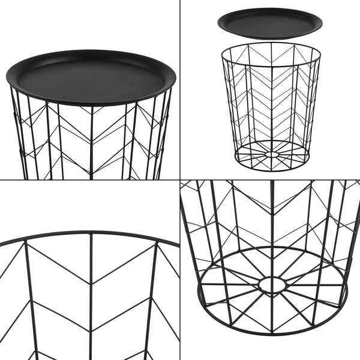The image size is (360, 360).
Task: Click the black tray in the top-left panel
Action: (x=90, y=76)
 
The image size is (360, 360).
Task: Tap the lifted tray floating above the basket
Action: (x=269, y=23)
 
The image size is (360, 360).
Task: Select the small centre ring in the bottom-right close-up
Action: (x=272, y=284)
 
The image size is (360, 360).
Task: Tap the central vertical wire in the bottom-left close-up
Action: (x=91, y=300)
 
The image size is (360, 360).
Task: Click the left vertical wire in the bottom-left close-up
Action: (x=28, y=300)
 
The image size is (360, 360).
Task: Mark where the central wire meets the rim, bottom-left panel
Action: (x=91, y=233)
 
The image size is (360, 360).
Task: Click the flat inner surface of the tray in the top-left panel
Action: (x=90, y=78)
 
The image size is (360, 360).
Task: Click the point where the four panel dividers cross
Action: (x=180, y=179)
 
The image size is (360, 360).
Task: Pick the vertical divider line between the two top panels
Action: (x=180, y=90)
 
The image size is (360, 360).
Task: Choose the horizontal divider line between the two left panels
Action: (x=90, y=179)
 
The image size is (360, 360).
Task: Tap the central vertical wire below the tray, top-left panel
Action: (x=91, y=144)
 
